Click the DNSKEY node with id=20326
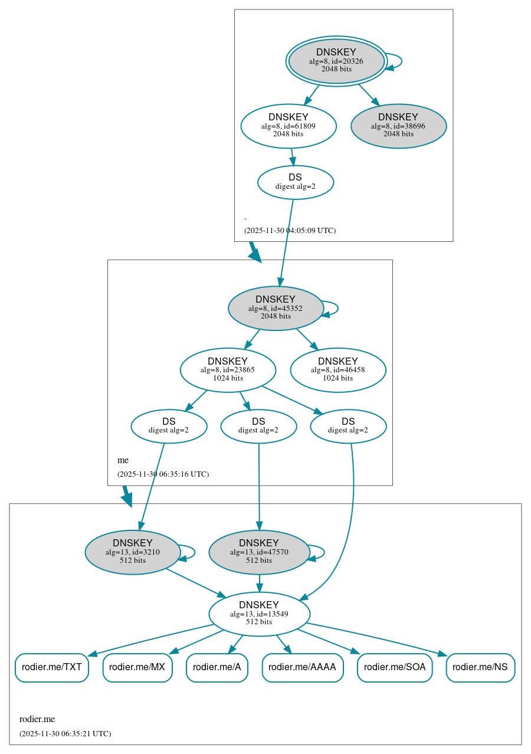[x=336, y=61]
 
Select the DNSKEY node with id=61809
[x=289, y=126]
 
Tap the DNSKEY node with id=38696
[x=398, y=126]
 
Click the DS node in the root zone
[x=295, y=182]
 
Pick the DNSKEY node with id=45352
[x=276, y=308]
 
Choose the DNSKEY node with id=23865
[x=228, y=370]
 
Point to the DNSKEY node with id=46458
[x=337, y=370]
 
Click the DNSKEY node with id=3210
[x=133, y=552]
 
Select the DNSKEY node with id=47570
[x=259, y=552]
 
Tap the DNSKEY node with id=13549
[x=259, y=614]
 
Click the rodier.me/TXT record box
[x=52, y=667]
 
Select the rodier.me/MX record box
[x=137, y=667]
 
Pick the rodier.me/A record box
[x=217, y=667]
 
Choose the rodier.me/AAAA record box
[x=302, y=667]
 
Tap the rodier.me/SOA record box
[x=395, y=667]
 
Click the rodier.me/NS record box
[x=480, y=667]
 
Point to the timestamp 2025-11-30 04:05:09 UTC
[x=290, y=231]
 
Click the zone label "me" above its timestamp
[x=123, y=460]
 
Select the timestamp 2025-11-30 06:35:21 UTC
[x=65, y=734]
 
